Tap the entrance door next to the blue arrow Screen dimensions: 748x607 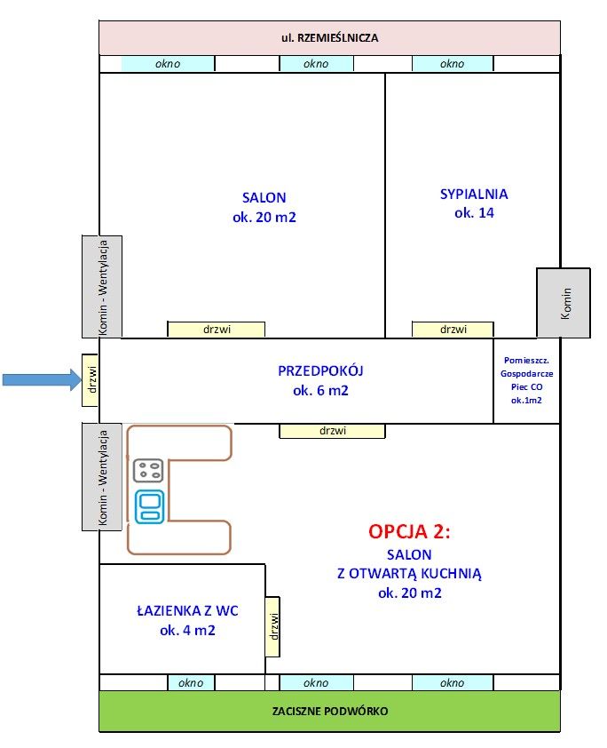[90, 380]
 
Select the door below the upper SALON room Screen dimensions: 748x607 [217, 329]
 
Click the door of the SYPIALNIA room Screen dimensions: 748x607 [453, 329]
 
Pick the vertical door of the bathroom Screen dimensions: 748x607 [273, 627]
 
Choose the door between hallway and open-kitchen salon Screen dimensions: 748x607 [332, 431]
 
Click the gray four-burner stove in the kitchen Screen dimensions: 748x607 [148, 471]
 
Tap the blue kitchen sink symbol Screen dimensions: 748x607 [148, 505]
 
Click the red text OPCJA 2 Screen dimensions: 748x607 [409, 531]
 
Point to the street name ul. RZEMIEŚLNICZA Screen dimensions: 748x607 [329, 37]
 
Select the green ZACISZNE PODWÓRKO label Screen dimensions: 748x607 [329, 711]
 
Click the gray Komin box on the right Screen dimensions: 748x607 [564, 303]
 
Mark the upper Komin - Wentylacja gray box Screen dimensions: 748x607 [102, 286]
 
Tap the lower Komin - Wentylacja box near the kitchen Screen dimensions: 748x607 [102, 477]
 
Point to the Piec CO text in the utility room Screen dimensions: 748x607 [526, 387]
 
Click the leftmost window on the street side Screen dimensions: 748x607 [168, 63]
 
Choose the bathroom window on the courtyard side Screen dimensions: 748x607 [191, 682]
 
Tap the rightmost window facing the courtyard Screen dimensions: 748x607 [452, 682]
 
